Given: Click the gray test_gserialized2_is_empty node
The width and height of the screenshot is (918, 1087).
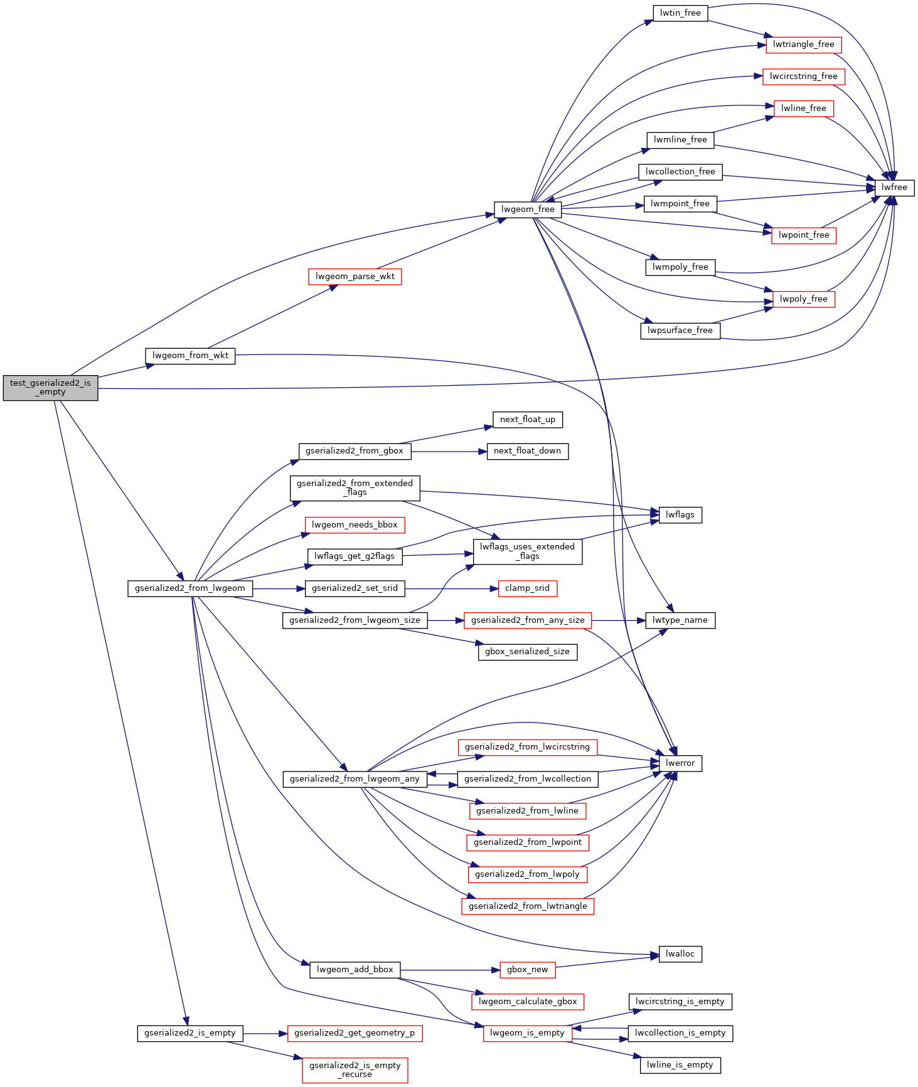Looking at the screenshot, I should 50,388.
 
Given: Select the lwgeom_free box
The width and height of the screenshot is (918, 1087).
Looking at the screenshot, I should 528,209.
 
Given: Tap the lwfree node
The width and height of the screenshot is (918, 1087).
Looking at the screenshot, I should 894,188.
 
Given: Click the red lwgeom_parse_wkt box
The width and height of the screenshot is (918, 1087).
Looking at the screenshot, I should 355,277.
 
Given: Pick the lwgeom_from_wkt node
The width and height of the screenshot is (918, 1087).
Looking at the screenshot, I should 190,356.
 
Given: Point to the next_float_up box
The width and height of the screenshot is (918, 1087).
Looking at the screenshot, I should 527,420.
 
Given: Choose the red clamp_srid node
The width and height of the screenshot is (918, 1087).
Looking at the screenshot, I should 527,588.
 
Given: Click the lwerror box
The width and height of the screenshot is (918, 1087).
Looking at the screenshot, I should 680,763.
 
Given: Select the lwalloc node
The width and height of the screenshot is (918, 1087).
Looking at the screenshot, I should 680,954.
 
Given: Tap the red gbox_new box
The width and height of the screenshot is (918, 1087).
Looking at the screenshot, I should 527,970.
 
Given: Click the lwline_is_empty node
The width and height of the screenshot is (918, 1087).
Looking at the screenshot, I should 680,1065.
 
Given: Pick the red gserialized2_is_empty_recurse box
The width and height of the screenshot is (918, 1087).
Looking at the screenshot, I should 355,1070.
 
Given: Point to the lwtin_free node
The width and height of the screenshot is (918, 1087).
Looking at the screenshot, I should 680,13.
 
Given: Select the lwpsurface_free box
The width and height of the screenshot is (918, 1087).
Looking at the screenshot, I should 680,331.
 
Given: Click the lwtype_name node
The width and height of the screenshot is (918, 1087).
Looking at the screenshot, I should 680,620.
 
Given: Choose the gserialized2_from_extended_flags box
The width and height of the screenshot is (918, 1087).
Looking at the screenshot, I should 355,488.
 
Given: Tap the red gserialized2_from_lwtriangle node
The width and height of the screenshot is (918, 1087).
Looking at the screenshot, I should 528,906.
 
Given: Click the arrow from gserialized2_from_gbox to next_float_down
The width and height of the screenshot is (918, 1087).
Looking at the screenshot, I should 449,451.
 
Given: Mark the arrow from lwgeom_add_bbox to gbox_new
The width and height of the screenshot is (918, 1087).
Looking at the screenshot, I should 449,970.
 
